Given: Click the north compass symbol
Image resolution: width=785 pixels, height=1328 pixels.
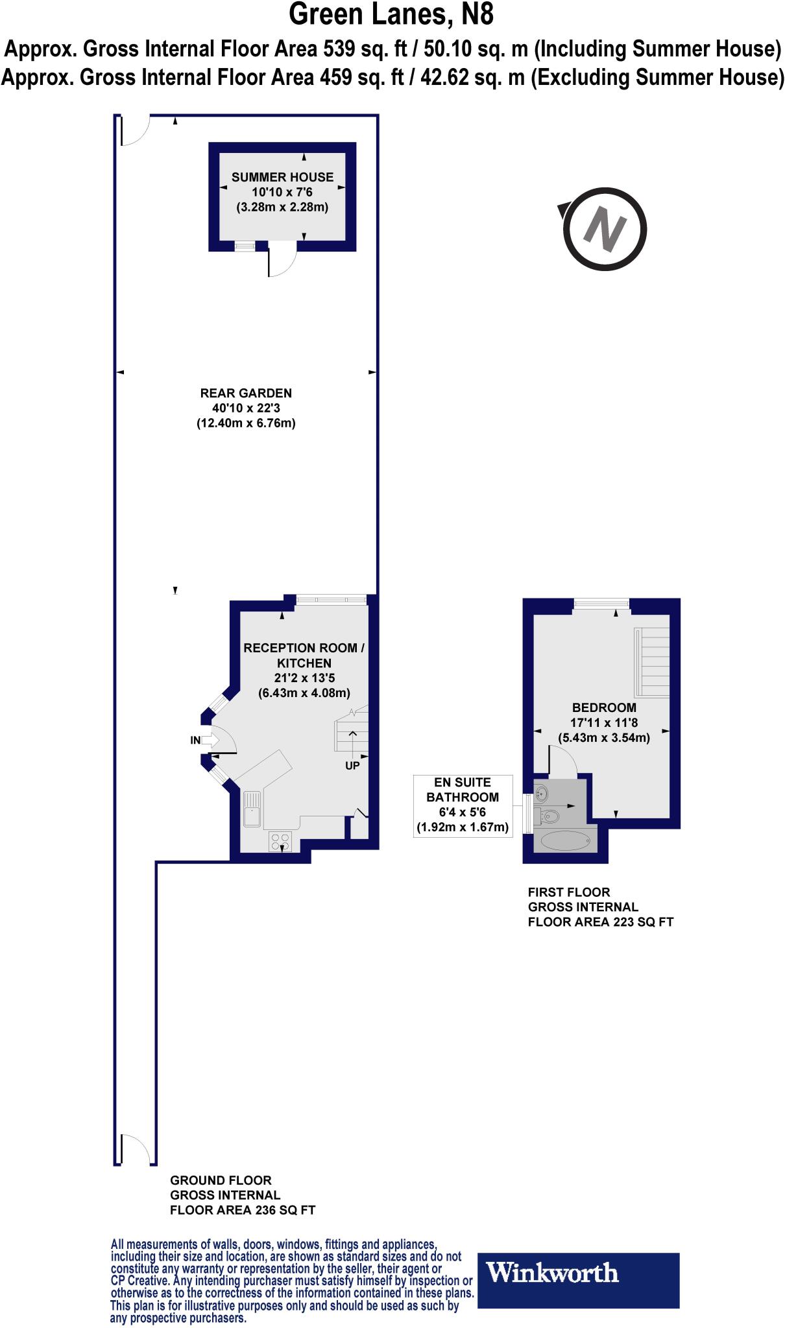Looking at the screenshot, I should (x=605, y=228).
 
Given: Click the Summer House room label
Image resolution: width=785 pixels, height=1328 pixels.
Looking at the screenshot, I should (x=282, y=177).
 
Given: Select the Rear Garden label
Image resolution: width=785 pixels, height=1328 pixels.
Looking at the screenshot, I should (x=246, y=393).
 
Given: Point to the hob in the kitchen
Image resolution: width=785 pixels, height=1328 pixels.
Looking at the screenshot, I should (x=281, y=842).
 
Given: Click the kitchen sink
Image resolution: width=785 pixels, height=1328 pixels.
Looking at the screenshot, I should (x=252, y=809).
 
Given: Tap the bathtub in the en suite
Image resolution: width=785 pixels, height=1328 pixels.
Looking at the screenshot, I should (x=565, y=842).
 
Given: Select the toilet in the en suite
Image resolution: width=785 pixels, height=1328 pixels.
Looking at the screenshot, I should (x=549, y=816).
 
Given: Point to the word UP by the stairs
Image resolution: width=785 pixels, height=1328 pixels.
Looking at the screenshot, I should (x=352, y=765).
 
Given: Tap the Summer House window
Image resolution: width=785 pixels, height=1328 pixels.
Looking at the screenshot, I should (x=245, y=246).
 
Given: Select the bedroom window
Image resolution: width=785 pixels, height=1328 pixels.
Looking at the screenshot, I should (x=601, y=604).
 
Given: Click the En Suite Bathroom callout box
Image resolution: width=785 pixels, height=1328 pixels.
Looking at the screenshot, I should (x=463, y=805).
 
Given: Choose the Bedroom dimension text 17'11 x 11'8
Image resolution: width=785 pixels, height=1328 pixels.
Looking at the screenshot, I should (x=603, y=722).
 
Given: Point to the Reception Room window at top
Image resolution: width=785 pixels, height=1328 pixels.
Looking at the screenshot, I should (x=331, y=600).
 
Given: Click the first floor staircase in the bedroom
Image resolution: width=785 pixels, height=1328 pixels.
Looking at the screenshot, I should (x=651, y=661).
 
